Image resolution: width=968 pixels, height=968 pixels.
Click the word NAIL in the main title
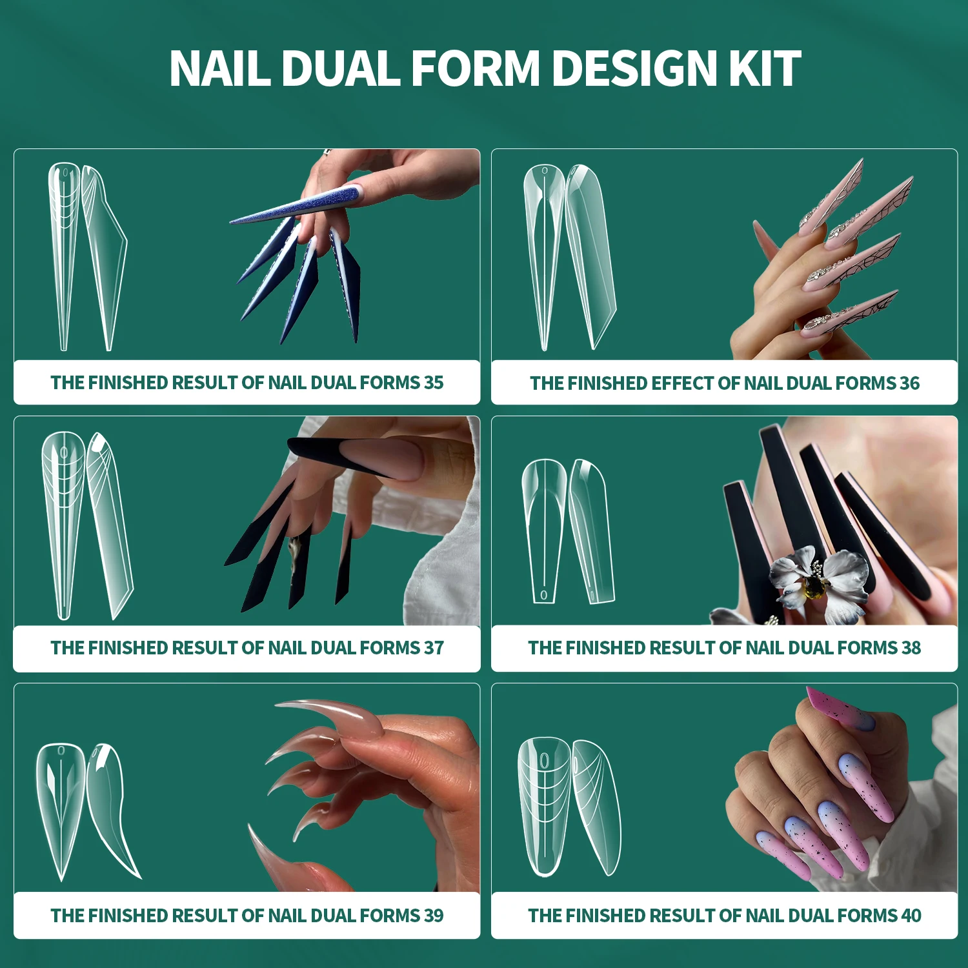(219, 68)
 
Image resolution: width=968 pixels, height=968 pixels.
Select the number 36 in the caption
(909, 383)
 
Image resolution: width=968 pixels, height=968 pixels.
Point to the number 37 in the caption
(434, 648)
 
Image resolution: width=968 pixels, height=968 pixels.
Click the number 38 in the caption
(911, 648)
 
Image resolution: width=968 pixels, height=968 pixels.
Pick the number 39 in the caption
(434, 916)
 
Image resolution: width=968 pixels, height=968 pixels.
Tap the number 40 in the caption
(911, 916)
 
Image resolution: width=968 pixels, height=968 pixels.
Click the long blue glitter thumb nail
(297, 205)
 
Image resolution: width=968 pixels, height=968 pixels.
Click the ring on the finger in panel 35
(327, 153)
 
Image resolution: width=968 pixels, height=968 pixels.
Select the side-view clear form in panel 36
(590, 252)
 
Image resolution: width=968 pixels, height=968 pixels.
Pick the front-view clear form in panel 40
(545, 807)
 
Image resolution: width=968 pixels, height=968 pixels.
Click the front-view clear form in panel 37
(63, 523)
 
